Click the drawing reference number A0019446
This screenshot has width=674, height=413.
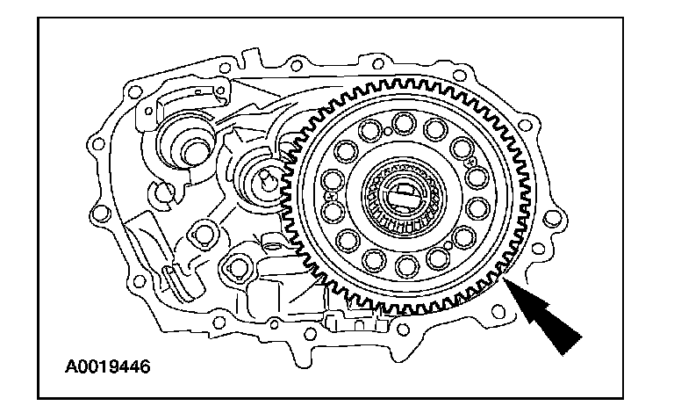pyautogui.click(x=108, y=366)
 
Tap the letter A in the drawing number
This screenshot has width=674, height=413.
pyautogui.click(x=71, y=366)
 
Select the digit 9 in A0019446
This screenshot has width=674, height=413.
pyautogui.click(x=113, y=366)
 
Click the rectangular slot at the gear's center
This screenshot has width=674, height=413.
pyautogui.click(x=404, y=195)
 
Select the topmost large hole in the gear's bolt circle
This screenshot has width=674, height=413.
pyautogui.click(x=404, y=123)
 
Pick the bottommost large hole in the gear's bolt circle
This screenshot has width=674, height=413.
pyautogui.click(x=406, y=266)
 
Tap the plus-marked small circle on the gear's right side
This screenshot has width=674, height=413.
pyautogui.click(x=471, y=163)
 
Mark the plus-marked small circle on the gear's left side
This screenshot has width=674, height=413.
pyautogui.click(x=331, y=197)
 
